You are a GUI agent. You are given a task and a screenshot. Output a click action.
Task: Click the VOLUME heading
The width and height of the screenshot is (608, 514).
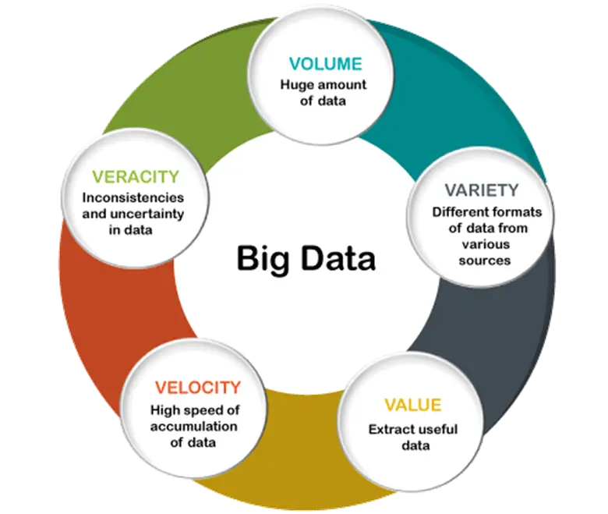click(325, 64)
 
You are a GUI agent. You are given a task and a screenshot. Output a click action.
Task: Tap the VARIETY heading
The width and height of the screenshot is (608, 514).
click(482, 190)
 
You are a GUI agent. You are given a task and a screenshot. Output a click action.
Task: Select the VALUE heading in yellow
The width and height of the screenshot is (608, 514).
click(413, 405)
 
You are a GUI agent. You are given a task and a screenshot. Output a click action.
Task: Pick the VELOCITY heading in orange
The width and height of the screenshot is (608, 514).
click(198, 388)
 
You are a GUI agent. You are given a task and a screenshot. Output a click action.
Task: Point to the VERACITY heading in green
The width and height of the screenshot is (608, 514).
click(136, 177)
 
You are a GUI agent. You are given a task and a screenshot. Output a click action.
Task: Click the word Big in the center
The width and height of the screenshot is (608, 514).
click(263, 259)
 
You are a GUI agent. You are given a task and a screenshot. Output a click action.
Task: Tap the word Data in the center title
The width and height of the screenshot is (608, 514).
click(338, 258)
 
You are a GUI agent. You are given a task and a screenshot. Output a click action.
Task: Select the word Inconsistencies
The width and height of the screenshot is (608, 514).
click(133, 197)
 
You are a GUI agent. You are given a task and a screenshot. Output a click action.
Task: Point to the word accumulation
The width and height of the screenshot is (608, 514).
click(194, 427)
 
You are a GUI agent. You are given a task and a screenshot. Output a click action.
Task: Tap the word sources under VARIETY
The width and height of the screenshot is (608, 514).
click(485, 261)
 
